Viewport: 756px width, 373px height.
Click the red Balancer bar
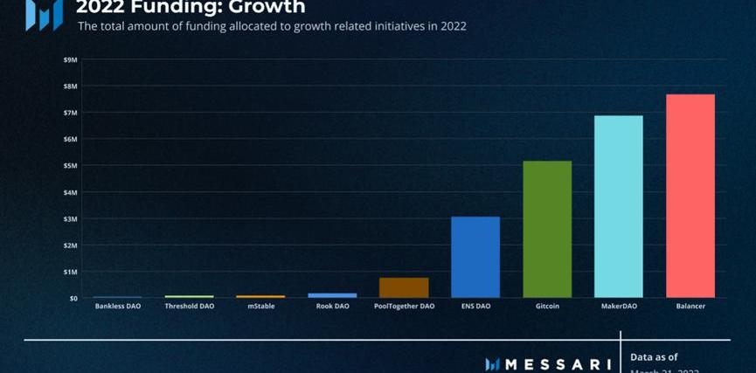coord(690,196)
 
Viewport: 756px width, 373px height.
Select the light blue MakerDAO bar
coord(618,206)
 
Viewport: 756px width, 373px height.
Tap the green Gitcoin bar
coord(546,229)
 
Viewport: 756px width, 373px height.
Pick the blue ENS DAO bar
coord(475,257)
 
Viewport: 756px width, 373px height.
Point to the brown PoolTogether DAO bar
coord(404,288)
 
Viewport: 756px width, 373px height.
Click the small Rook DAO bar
coord(332,295)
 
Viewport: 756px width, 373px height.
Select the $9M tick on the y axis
coord(70,59)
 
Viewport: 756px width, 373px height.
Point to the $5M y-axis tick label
coord(70,166)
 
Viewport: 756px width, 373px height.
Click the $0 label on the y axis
coord(73,299)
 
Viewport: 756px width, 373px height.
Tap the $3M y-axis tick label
coord(70,219)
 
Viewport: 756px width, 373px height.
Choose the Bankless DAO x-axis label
coord(117,307)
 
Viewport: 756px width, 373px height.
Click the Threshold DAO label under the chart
coord(189,307)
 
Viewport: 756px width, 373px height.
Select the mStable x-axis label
coord(260,307)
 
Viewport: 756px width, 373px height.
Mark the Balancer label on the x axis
coord(690,307)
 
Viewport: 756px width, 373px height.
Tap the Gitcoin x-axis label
coord(546,307)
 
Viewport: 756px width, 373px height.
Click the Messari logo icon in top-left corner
coord(45,13)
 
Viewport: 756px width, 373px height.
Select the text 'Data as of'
coord(654,356)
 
